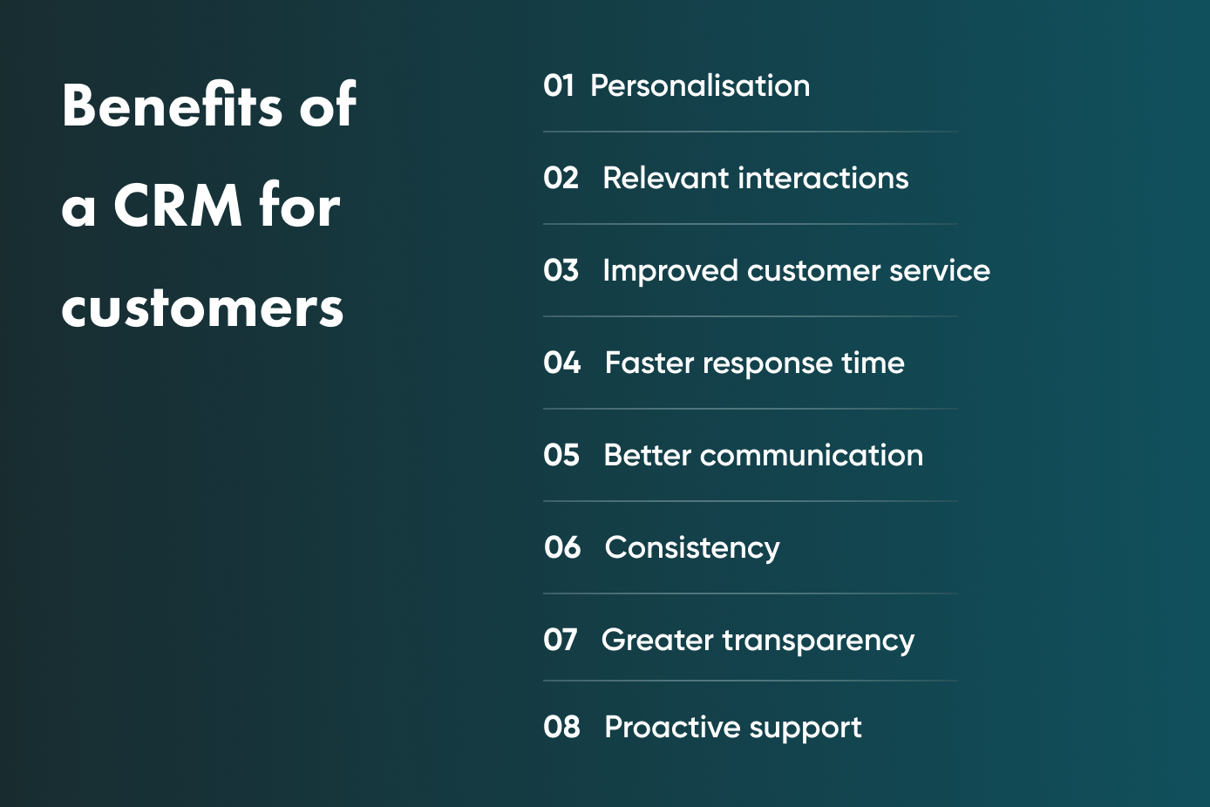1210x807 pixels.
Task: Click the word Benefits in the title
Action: pos(172,105)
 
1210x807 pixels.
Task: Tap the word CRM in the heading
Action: pos(178,206)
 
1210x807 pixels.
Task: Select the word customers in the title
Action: pos(202,307)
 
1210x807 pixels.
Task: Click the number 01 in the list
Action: pos(559,85)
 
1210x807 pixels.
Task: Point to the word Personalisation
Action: pos(700,85)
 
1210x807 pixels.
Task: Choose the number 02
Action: pos(561,178)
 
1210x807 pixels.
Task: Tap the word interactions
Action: pos(823,178)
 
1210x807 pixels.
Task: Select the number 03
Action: pos(561,270)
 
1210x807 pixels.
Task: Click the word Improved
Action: pos(670,271)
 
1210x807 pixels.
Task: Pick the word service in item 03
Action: pos(940,271)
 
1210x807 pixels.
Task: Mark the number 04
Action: pos(561,363)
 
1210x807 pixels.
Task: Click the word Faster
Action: pos(649,363)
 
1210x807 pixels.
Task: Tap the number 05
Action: pos(561,455)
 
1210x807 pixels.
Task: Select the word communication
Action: pos(812,455)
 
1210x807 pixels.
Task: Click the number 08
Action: pos(561,727)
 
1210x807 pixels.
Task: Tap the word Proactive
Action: pos(672,727)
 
